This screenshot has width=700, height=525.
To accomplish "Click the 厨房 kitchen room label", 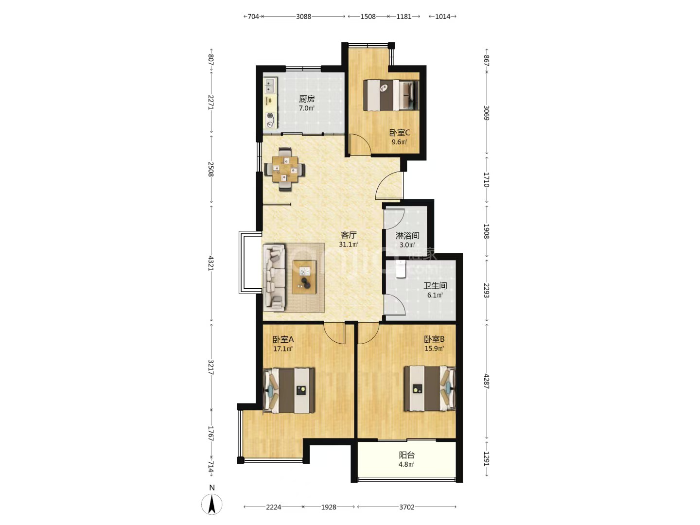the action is (306, 99).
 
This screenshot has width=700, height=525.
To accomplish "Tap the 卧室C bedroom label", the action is (400, 133).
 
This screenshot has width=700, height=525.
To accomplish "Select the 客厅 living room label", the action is (348, 235).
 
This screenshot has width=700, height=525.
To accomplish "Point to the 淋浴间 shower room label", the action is (407, 236).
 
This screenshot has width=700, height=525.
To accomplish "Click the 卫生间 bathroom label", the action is (435, 286).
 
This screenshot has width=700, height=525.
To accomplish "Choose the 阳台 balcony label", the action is (406, 455).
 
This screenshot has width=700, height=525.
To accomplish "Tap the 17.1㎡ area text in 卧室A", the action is (283, 349).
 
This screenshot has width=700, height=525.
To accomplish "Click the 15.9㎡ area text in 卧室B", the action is (435, 349).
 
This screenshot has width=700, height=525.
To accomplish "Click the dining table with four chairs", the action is (285, 169).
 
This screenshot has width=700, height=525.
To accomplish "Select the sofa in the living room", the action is (274, 278).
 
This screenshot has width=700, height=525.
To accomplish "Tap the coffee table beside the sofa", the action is (305, 277).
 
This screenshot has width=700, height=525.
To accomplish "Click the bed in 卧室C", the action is (391, 95).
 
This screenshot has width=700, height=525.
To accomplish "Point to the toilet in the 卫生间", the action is (401, 269).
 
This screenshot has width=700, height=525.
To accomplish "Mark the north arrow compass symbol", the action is (212, 505).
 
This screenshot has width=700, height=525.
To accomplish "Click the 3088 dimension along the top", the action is (303, 17).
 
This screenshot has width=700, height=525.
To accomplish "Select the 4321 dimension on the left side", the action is (211, 263).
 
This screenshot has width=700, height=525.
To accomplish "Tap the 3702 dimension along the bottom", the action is (406, 507).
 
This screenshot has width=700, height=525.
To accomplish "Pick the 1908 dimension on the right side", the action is (486, 231).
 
